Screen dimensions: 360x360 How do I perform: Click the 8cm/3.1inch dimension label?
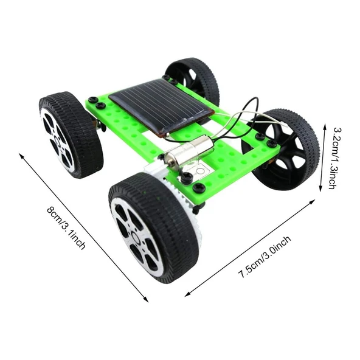[66, 229]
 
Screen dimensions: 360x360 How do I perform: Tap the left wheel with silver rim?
[70, 134]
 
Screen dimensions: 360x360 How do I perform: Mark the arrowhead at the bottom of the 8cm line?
[147, 300]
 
